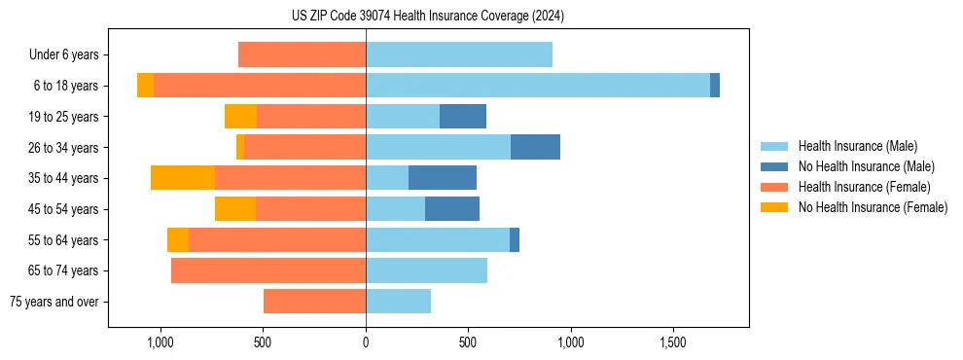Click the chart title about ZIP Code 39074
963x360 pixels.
[428, 17]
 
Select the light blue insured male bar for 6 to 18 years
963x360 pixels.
[538, 86]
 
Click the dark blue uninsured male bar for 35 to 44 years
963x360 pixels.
[443, 178]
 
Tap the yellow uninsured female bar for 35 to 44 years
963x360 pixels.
[183, 178]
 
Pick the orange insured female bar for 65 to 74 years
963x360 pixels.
[268, 270]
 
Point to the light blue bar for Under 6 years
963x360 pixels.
[459, 54]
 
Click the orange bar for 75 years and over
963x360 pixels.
[314, 302]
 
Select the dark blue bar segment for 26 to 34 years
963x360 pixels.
[535, 147]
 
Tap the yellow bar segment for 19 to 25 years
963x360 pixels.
[240, 117]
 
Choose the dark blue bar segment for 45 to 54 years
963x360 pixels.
[452, 209]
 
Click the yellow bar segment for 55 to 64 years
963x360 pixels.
[178, 240]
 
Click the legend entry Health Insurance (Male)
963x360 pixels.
[857, 146]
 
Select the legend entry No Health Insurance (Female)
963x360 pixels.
[873, 207]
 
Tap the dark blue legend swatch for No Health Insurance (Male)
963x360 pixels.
[774, 166]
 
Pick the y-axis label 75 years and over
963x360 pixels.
[53, 302]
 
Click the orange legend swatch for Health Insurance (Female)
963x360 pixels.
[774, 187]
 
